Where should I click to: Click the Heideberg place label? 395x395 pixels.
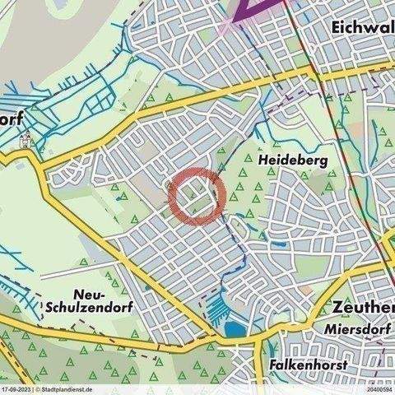pyautogui.click(x=295, y=157)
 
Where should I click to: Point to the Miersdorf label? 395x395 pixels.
pyautogui.click(x=357, y=331)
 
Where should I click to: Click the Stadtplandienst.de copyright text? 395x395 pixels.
pyautogui.click(x=63, y=389)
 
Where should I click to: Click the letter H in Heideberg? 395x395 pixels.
pyautogui.click(x=264, y=157)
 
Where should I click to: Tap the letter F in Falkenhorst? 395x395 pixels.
pyautogui.click(x=272, y=364)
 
